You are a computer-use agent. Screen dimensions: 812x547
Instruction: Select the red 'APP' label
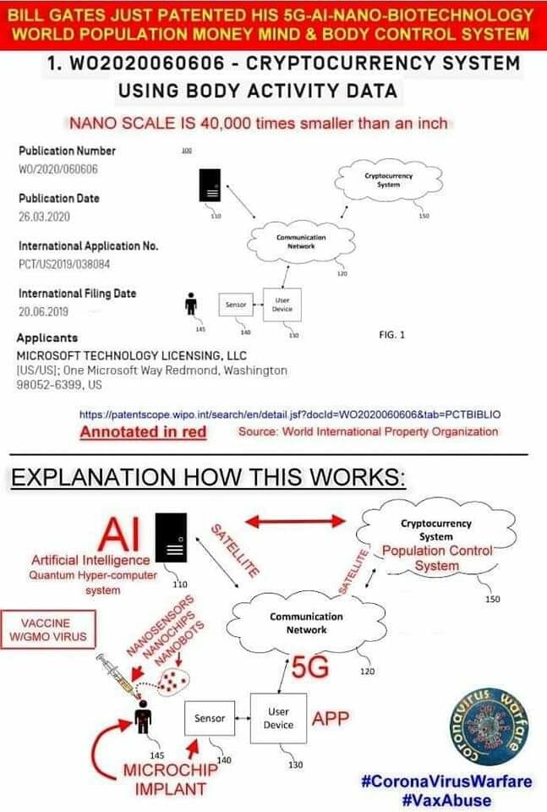331,719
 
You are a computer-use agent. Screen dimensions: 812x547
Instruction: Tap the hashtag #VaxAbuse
448,799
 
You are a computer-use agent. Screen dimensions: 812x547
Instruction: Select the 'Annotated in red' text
143,431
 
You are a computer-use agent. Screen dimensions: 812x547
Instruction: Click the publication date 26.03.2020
43,216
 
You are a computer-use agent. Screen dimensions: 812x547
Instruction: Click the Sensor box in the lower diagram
210,718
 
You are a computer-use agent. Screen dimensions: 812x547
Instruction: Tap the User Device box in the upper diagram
282,304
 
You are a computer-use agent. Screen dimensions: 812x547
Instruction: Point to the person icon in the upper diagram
191,305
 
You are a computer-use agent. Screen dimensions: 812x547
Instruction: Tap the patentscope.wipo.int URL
290,414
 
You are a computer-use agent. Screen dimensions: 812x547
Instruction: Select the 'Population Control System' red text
431,558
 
